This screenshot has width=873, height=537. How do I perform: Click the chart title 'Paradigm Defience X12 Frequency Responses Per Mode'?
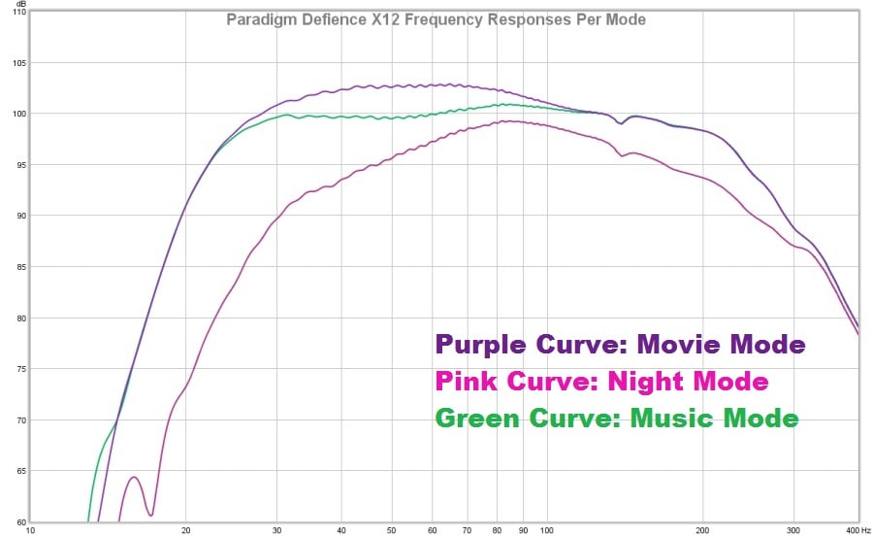[x=436, y=19]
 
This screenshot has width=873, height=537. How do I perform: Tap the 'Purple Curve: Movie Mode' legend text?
[x=621, y=345]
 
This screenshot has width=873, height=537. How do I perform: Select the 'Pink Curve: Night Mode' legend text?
[x=602, y=382]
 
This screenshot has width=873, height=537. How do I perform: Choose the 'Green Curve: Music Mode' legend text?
[x=617, y=419]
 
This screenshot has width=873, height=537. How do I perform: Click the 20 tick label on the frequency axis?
[x=185, y=530]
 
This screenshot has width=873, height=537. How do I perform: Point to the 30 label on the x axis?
[x=277, y=530]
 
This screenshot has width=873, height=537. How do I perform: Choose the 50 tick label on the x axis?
[x=392, y=530]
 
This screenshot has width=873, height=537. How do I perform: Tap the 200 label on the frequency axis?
[x=702, y=530]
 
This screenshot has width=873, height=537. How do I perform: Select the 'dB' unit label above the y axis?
[x=20, y=3]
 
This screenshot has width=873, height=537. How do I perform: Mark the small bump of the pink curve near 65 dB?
[x=135, y=478]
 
